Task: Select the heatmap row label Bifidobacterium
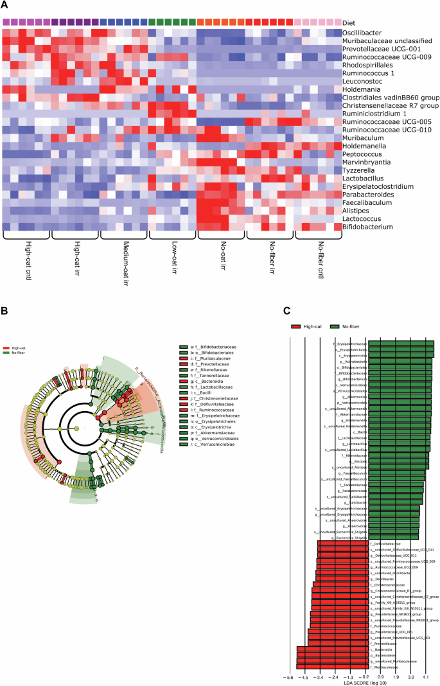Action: click(x=370, y=226)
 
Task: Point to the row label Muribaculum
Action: click(x=367, y=137)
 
